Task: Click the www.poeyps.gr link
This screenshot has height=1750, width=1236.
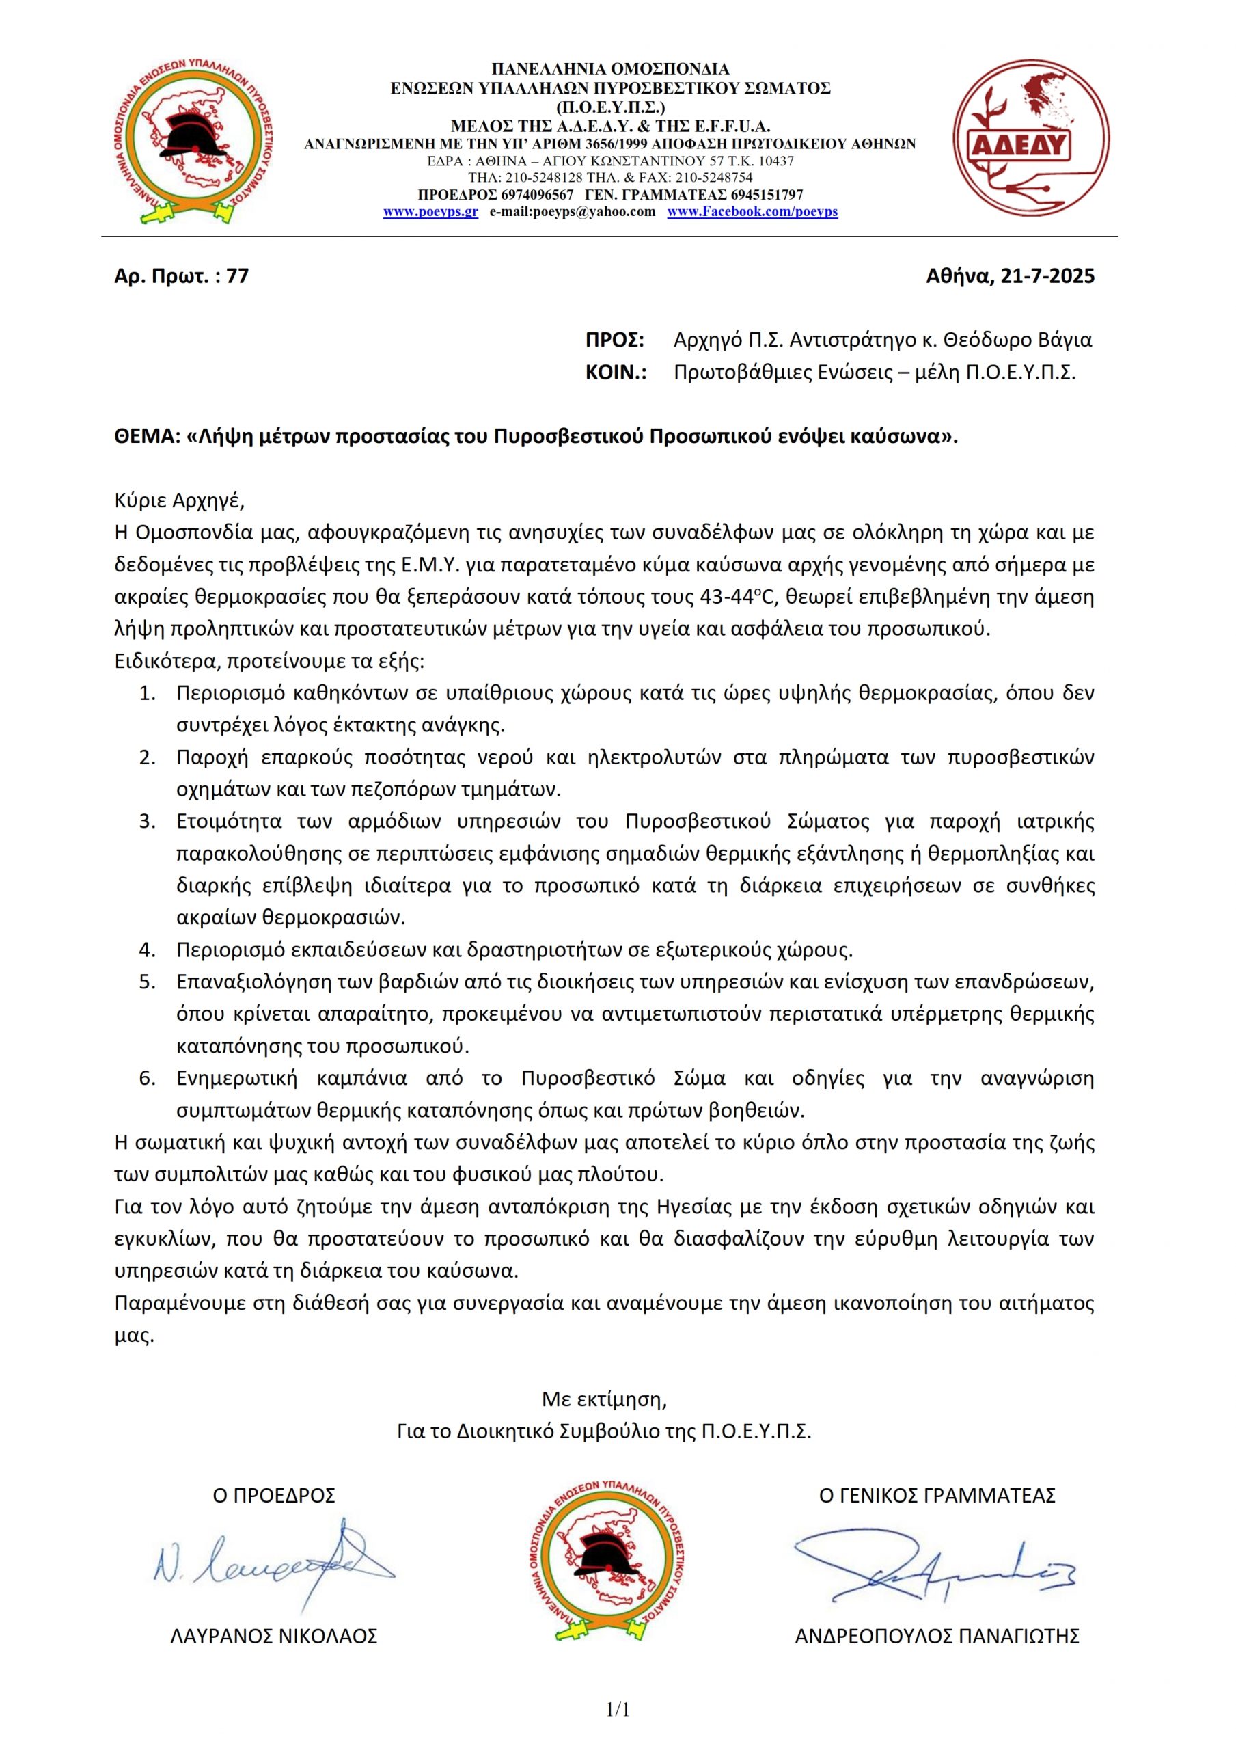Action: coord(430,212)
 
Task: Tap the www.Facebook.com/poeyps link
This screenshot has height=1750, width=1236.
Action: coord(752,212)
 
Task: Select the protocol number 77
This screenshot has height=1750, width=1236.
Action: coord(238,276)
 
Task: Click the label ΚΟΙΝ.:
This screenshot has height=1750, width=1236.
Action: coord(616,373)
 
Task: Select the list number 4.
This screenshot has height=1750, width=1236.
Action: coord(147,950)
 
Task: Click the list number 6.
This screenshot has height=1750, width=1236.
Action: coord(147,1079)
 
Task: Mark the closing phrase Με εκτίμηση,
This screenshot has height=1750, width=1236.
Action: coord(604,1399)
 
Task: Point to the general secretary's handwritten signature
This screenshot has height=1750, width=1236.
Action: coord(933,1563)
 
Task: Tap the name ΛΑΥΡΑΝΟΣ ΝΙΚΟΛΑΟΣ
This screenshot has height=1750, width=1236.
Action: coord(275,1637)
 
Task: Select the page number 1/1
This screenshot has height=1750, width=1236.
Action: coord(618,1710)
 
